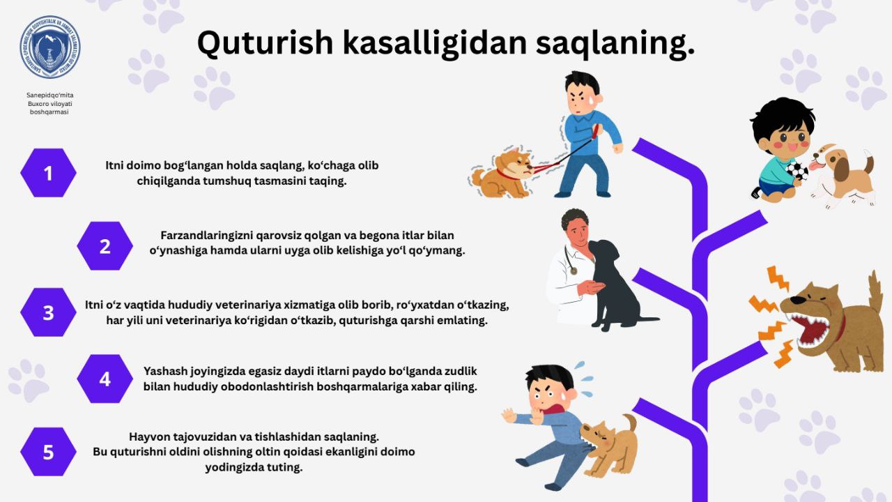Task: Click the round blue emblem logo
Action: [x=50, y=47]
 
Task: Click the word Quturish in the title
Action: [x=265, y=43]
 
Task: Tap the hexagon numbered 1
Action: [x=48, y=173]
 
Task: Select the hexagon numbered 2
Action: [x=105, y=246]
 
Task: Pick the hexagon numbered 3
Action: [x=48, y=312]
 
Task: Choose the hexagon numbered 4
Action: [x=105, y=379]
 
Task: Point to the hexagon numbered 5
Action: [x=48, y=452]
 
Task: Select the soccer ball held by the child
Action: [x=797, y=171]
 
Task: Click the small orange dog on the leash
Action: [x=502, y=174]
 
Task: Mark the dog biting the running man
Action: [x=608, y=446]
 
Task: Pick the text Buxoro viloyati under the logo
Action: [x=49, y=104]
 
